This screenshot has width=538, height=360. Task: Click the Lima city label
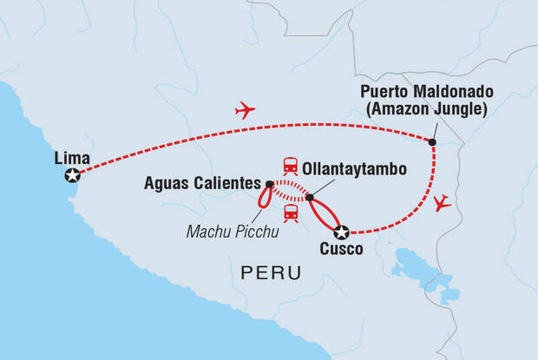(x=69, y=157)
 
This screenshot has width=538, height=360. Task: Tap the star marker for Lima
(x=72, y=176)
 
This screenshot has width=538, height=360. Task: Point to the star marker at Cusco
(x=342, y=232)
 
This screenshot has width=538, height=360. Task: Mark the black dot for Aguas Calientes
(x=269, y=184)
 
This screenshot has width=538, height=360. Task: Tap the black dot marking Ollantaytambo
(x=309, y=198)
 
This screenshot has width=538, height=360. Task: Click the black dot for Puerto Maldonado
(x=433, y=142)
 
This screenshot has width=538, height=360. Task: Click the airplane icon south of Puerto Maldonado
(x=443, y=204)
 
